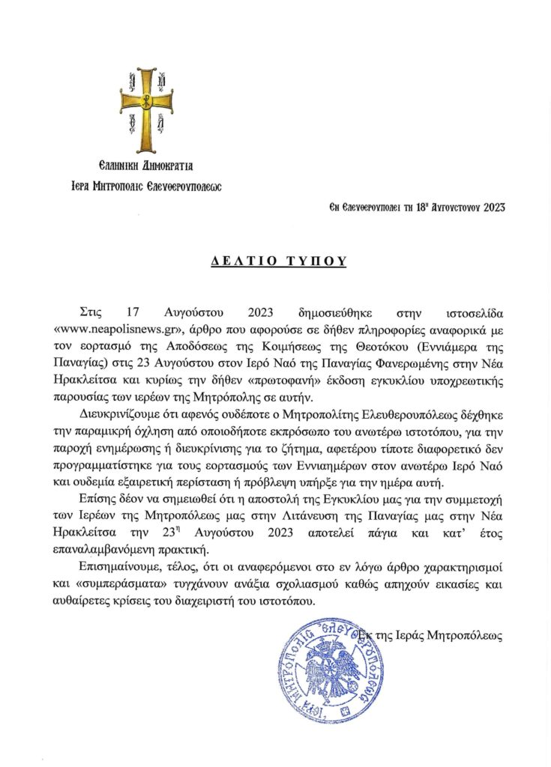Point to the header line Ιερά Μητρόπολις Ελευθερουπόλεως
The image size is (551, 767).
click(x=146, y=184)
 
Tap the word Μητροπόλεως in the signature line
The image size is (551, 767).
click(x=472, y=635)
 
